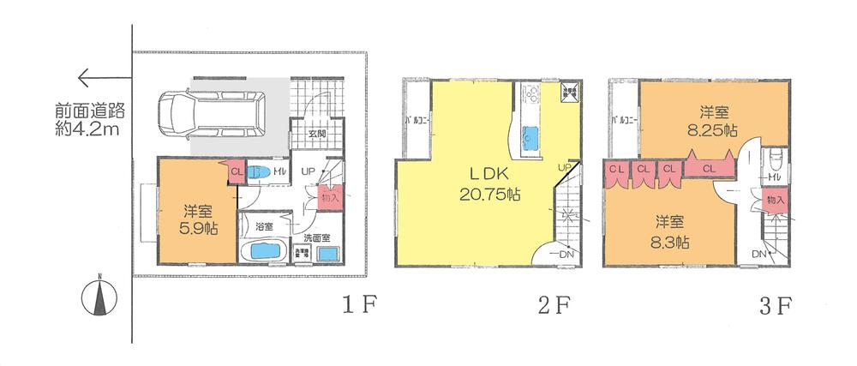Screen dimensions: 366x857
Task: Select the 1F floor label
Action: (x=354, y=304)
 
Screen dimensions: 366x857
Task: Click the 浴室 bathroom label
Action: (x=266, y=227)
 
